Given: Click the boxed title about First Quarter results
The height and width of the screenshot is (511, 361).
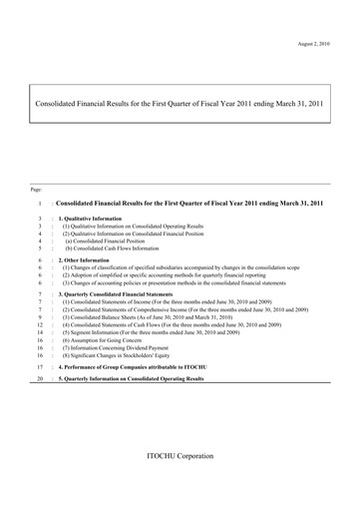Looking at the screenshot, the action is [180, 102].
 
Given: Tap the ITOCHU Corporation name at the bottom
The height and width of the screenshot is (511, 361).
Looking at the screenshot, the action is [180, 456].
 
